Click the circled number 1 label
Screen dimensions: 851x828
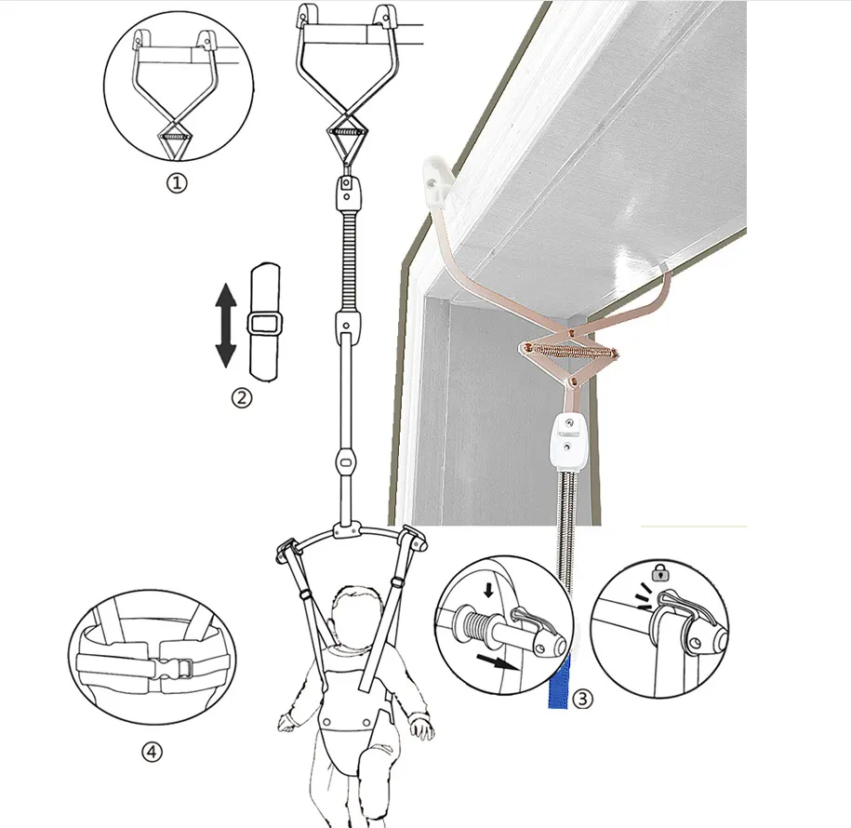tap(177, 183)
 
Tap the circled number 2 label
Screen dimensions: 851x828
tap(242, 398)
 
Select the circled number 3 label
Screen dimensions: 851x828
tap(583, 699)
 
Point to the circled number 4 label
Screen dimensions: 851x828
tap(152, 752)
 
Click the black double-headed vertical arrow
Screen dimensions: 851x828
tap(226, 326)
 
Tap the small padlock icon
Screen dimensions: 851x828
tap(660, 572)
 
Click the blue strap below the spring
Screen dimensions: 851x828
tap(558, 681)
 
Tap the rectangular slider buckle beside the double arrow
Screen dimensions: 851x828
tap(265, 325)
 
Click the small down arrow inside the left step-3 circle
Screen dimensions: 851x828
tap(488, 590)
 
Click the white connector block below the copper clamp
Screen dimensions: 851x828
tap(567, 439)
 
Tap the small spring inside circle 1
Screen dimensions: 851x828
tap(174, 137)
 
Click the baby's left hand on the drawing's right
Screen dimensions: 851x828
tap(421, 727)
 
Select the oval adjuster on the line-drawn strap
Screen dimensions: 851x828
tap(345, 462)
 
